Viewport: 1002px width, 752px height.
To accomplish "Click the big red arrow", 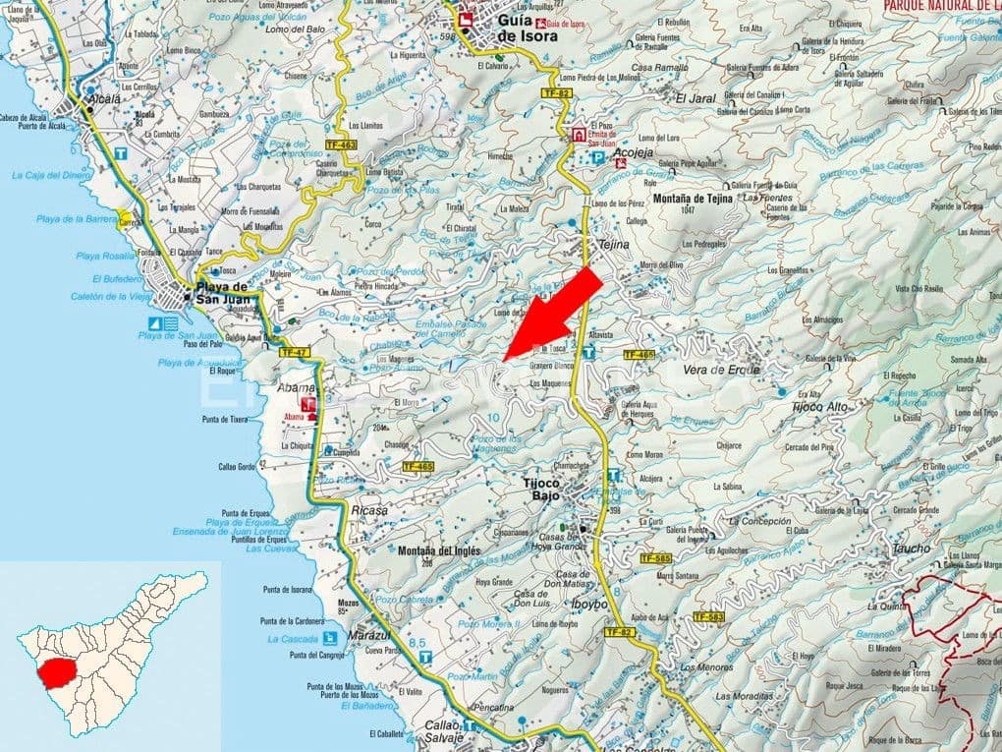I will click(x=556, y=312).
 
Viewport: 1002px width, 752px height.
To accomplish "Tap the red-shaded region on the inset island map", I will click(x=61, y=673).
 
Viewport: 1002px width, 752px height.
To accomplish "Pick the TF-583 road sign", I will click(x=707, y=616).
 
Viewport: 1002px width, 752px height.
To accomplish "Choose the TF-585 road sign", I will click(x=654, y=558).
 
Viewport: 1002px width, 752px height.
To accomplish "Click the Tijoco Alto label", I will click(x=819, y=405).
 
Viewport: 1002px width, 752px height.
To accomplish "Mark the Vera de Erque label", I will click(x=721, y=370).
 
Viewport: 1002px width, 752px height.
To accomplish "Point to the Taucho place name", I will click(x=910, y=550).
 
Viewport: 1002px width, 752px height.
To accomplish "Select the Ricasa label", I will click(x=368, y=510).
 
